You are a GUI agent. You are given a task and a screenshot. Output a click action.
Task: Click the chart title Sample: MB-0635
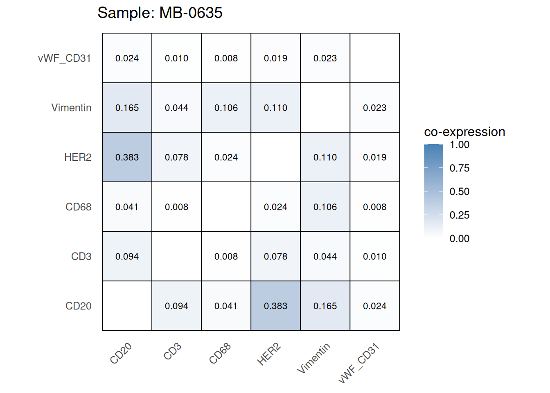160,13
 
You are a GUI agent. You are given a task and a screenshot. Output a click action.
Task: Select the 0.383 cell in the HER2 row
127,157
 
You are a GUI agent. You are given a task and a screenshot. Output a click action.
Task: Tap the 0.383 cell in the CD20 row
275,306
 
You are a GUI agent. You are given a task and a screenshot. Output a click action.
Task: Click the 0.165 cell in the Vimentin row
127,108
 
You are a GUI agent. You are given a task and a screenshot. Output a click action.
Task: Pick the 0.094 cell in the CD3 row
127,256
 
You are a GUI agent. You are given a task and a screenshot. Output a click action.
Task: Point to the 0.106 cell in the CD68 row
325,207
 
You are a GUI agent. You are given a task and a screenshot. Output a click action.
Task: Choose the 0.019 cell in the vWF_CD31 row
275,58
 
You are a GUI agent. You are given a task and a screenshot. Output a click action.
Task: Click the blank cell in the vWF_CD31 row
374,58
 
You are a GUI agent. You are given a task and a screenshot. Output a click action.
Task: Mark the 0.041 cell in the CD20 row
226,306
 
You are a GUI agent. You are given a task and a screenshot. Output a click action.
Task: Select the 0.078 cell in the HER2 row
176,157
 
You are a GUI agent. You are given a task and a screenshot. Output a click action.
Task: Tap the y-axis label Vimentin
71,108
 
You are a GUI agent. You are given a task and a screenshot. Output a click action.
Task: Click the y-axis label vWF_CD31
64,58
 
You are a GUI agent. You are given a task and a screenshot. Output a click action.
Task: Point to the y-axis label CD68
78,207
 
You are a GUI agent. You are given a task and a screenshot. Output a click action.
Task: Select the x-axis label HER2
269,355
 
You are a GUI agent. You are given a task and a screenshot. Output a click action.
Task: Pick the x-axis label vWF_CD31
359,364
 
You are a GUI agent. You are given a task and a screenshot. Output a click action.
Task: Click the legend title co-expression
464,132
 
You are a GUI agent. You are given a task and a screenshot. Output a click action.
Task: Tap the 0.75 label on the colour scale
459,168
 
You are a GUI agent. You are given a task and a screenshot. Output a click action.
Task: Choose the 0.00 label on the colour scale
459,239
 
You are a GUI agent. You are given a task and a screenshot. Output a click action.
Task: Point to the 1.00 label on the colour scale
459,145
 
